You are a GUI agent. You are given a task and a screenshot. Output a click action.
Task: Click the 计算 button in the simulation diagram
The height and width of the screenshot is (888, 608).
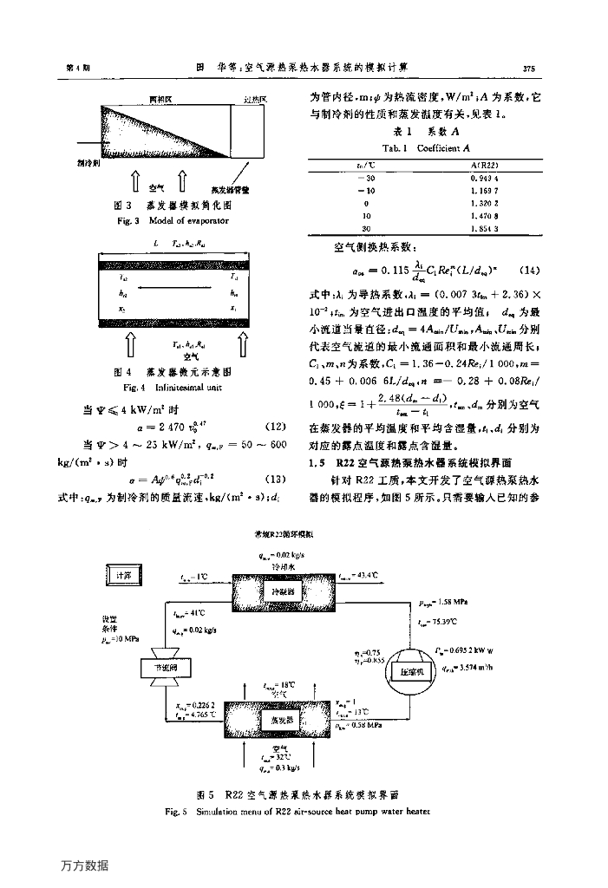(120, 575)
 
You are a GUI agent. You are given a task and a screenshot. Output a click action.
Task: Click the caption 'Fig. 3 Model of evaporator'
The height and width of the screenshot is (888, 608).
(165, 221)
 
